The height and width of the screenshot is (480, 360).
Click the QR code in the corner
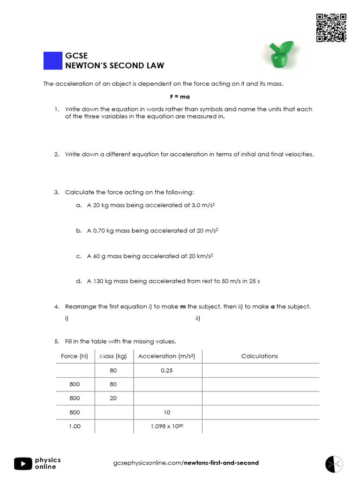[331, 28]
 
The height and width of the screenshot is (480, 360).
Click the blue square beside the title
[53, 60]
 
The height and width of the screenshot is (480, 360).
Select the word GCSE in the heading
[76, 56]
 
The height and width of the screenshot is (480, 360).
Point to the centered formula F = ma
[180, 97]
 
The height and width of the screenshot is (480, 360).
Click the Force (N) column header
[75, 356]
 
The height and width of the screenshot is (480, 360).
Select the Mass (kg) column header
[113, 356]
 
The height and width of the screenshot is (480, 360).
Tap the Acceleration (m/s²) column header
[166, 356]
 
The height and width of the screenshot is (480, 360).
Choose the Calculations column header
[260, 356]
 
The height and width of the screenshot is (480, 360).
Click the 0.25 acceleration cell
[166, 370]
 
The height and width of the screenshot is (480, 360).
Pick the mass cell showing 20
[113, 398]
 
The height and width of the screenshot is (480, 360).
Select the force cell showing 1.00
[75, 427]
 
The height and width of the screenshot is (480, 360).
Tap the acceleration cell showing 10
[166, 412]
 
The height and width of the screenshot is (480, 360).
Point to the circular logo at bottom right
[334, 464]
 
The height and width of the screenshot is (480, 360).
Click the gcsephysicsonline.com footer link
[186, 463]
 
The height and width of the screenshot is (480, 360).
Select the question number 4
[56, 307]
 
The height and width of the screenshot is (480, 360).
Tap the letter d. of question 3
[79, 282]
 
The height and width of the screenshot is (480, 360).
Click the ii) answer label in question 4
[198, 319]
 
